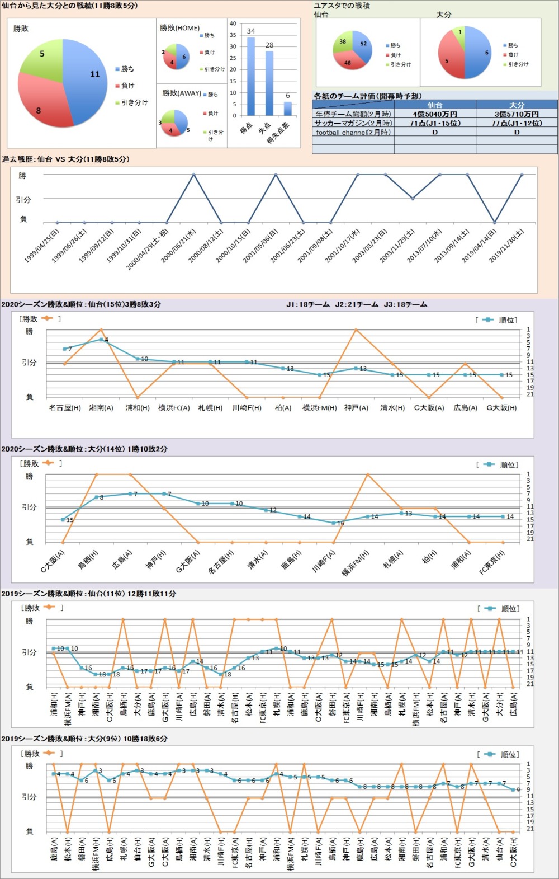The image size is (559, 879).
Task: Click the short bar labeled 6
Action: pos(288,109)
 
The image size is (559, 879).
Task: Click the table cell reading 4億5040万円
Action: pos(434,114)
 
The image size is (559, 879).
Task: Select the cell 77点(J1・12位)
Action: pos(517,123)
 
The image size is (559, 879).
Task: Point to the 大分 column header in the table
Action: pos(517,105)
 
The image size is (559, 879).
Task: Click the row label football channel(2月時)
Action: pos(353,133)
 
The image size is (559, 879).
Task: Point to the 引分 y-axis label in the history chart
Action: pos(23,199)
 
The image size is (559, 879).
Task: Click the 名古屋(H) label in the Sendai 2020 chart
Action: pos(65,408)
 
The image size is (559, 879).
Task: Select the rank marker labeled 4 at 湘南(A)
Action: pos(101,339)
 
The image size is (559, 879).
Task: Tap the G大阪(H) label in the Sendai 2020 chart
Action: pos(501,408)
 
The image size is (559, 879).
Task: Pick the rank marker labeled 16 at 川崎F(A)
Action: pos(334,523)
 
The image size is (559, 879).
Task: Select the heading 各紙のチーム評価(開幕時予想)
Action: pos(367,96)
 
